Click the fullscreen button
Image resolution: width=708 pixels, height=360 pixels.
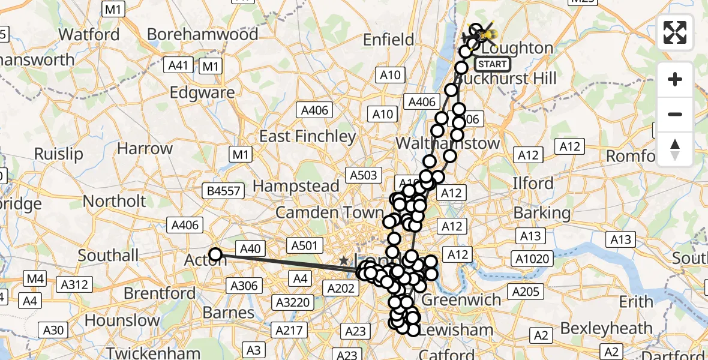[x=675, y=32]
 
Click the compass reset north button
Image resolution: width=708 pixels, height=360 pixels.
[x=675, y=149]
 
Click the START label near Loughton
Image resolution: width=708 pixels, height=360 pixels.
[x=493, y=64]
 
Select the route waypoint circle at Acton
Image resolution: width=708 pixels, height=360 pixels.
[x=215, y=254]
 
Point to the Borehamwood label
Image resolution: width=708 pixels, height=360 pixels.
[x=202, y=34]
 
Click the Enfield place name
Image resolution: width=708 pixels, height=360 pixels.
[x=389, y=40]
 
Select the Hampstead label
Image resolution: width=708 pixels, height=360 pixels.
[x=296, y=186]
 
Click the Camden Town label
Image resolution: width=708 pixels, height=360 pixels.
[x=329, y=212]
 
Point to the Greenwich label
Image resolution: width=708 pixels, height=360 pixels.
[x=462, y=299]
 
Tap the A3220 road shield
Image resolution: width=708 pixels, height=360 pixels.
[x=290, y=302]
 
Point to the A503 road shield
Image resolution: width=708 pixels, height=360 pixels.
[x=362, y=175]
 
